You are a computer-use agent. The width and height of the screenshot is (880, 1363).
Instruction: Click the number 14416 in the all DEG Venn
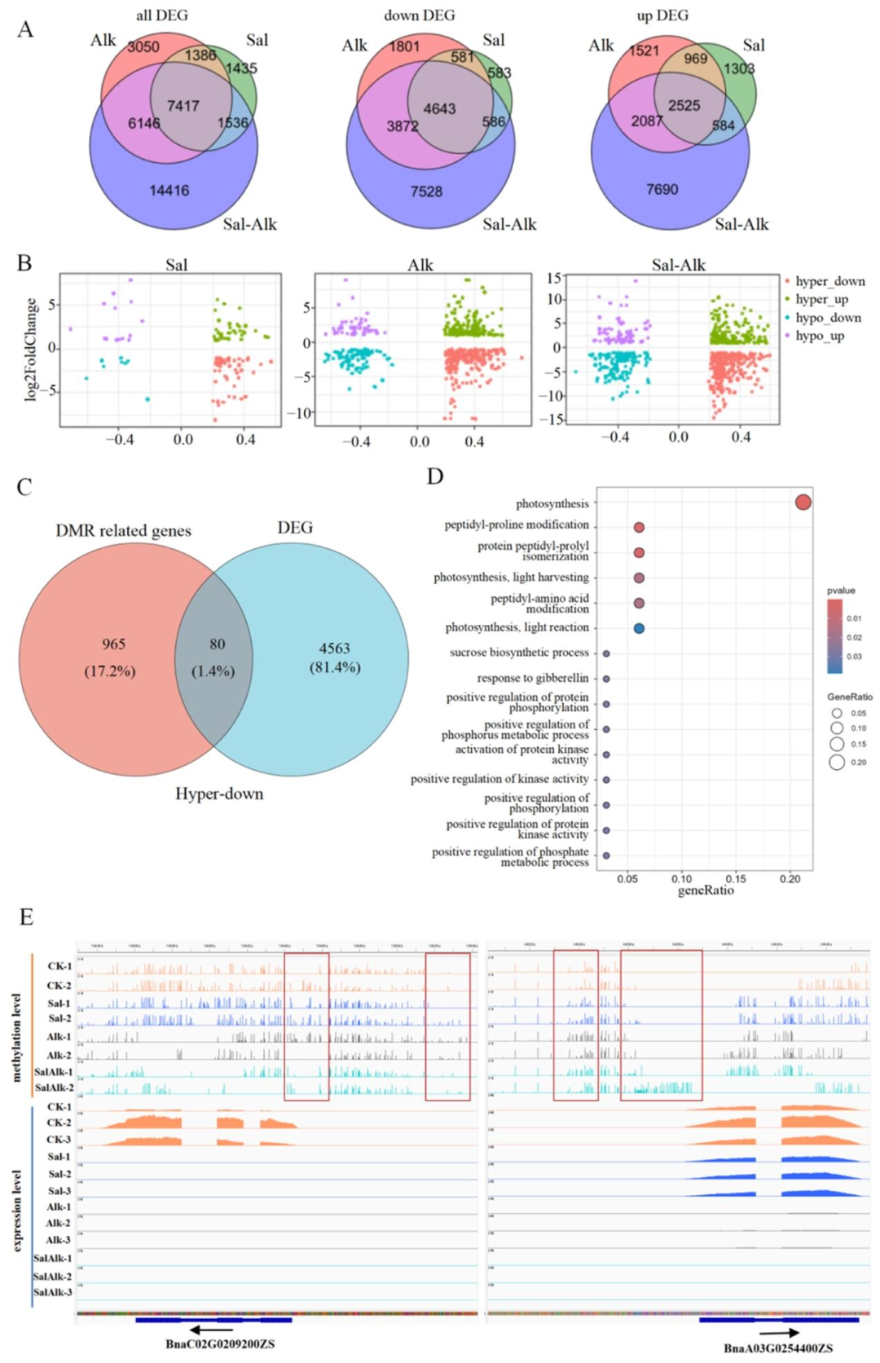[x=169, y=191]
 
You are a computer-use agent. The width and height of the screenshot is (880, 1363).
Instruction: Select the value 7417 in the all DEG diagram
[x=183, y=106]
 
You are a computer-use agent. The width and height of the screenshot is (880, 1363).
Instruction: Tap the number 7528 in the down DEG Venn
[x=426, y=191]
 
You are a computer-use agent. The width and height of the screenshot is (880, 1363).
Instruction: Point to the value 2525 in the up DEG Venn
[x=684, y=106]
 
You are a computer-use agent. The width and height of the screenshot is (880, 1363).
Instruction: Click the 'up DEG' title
[x=662, y=15]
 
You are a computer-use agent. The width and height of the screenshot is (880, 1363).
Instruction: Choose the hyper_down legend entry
[x=829, y=281]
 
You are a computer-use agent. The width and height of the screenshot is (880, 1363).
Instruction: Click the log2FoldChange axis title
[x=31, y=350]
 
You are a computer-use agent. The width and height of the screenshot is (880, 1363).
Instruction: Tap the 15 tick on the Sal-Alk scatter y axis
[x=553, y=279]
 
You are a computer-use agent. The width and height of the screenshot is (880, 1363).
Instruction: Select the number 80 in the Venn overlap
[x=217, y=644]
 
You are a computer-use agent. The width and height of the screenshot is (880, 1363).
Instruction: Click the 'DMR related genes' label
[x=123, y=531]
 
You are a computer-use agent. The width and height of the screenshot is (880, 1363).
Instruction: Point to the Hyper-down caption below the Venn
[x=219, y=794]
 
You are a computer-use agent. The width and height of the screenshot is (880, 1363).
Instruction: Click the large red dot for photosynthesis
[x=803, y=503]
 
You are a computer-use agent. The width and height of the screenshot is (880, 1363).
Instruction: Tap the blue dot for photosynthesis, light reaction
[x=639, y=628]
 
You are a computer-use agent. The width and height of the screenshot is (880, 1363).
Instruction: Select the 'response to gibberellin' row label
[x=532, y=678]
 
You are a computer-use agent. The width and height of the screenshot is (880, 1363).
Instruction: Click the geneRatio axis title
[x=706, y=890]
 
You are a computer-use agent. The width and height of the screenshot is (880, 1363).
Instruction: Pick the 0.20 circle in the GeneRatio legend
[x=837, y=763]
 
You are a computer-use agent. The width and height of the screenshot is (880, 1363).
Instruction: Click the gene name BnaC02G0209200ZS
[x=220, y=1344]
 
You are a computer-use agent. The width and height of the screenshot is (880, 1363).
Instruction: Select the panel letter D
[x=435, y=477]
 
